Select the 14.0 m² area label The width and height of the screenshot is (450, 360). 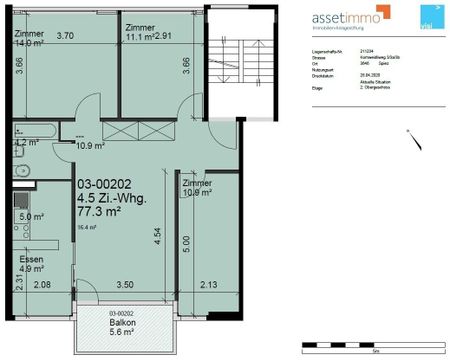[30, 44]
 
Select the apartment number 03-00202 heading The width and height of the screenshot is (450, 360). [106, 186]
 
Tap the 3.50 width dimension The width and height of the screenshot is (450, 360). [124, 286]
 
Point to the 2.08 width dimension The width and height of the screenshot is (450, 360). [42, 286]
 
